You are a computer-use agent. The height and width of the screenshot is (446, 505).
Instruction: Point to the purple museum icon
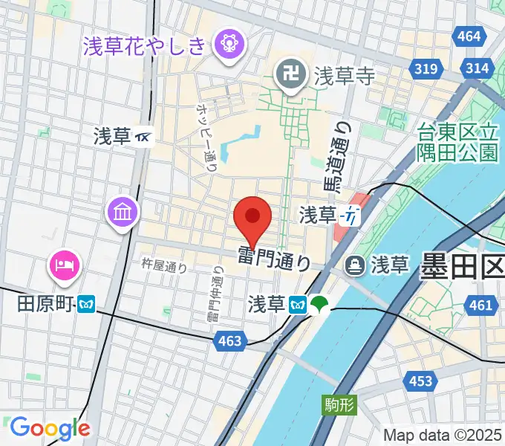pos(123,213)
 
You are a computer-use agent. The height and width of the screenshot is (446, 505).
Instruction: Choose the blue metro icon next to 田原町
pos(89,305)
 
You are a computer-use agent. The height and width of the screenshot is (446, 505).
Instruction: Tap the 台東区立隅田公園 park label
pos(457,143)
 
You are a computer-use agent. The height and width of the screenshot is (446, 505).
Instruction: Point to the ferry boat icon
pos(355,264)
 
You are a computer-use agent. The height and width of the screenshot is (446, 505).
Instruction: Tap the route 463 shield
pos(230,340)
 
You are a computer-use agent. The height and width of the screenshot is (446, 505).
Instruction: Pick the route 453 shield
pos(420,381)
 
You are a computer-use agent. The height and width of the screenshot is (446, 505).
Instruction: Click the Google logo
pos(50,427)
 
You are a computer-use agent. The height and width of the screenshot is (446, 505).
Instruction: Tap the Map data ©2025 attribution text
pos(443,435)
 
